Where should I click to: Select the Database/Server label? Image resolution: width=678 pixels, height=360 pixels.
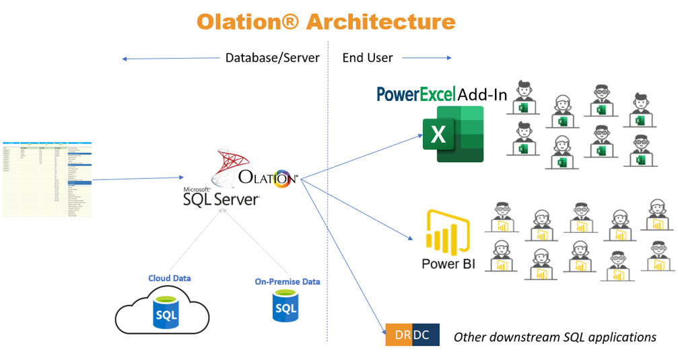(272, 58)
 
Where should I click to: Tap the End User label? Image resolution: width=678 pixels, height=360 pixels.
(367, 58)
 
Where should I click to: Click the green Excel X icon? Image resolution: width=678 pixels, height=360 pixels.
(452, 135)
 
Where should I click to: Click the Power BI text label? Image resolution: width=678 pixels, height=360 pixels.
(448, 264)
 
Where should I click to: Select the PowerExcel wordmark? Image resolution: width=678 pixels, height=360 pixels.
(415, 94)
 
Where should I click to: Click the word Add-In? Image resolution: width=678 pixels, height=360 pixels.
(482, 94)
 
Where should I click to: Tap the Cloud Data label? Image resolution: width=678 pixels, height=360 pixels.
(169, 278)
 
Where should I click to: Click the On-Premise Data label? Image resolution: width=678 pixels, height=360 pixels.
(287, 281)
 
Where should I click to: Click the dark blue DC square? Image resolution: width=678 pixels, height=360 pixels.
(426, 334)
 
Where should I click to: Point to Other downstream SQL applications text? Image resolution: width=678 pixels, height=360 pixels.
(555, 336)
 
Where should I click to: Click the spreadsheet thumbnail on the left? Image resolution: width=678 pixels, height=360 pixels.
(46, 179)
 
